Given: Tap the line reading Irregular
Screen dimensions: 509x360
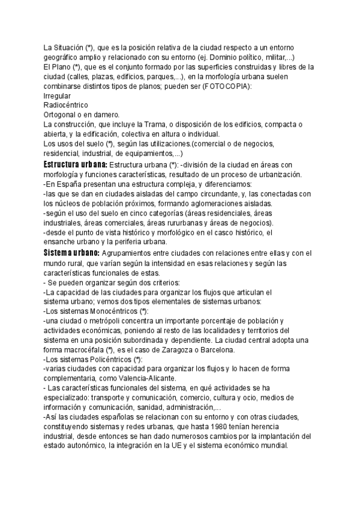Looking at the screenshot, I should coord(58,95).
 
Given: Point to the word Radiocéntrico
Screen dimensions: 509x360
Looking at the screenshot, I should coord(66,105).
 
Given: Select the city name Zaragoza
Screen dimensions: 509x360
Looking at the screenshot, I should coord(193,350).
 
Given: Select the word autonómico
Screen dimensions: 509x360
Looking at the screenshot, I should coord(75,446).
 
